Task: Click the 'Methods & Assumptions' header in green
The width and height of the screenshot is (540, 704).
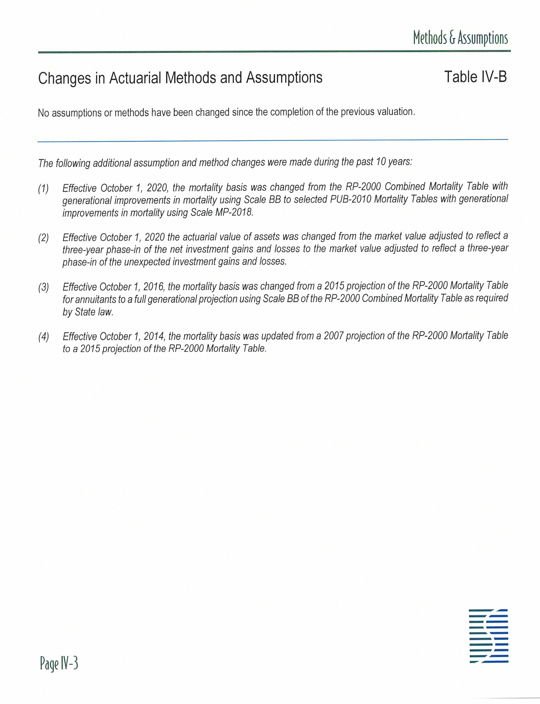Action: pos(460,38)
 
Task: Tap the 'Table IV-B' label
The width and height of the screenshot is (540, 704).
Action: pos(475,77)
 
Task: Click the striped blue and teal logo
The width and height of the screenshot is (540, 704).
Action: pos(488,636)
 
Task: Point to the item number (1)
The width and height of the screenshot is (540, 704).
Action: pos(43,189)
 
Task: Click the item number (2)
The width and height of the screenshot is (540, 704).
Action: pos(43,238)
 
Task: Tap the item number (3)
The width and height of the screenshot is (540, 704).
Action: pos(43,287)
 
